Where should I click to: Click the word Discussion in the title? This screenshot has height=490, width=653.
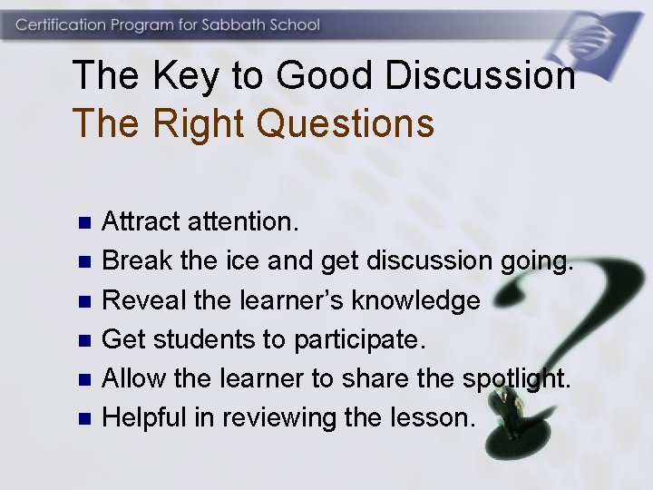coord(480,76)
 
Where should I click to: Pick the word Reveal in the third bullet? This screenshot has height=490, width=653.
coord(138,300)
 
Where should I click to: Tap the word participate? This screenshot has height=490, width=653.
coord(359,340)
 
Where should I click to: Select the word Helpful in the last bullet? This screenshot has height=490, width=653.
coord(144,417)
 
